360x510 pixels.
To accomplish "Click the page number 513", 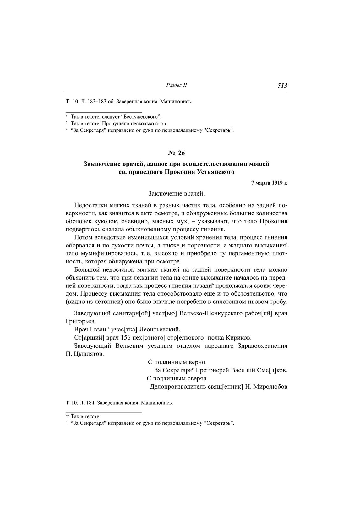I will pyautogui.click(x=282, y=86).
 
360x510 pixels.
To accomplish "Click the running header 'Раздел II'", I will pyautogui.click(x=176, y=86).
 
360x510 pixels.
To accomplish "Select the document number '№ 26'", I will pyautogui.click(x=177, y=153).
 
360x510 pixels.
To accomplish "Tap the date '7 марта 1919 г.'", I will pyautogui.click(x=269, y=183).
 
